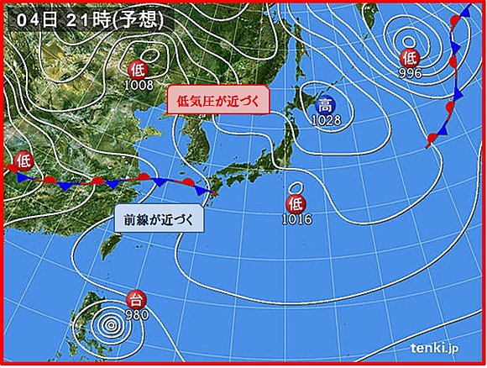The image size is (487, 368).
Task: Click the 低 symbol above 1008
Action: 139,70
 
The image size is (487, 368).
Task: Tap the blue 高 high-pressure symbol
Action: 324,106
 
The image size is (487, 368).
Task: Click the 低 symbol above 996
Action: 409,58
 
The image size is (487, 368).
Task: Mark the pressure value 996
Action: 410,71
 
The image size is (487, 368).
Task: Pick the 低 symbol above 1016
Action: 296,203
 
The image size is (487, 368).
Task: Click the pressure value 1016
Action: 297,218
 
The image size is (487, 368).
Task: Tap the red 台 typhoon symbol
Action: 134,299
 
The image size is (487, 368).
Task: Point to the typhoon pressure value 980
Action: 137,313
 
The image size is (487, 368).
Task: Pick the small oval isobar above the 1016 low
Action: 296,187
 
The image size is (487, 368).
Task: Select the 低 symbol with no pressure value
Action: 23,159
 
